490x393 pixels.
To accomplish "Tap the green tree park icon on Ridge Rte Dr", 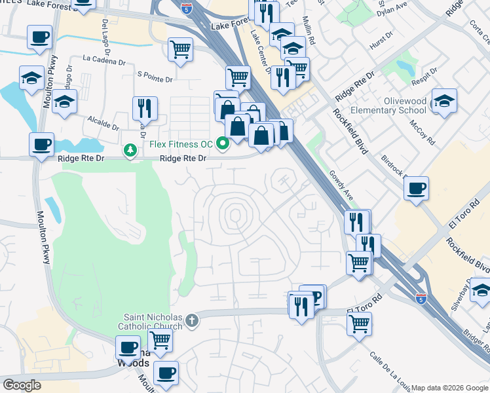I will tap(131, 151).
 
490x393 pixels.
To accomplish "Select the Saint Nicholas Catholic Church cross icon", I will tap(191, 320).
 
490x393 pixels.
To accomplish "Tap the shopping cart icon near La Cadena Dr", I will tap(180, 48).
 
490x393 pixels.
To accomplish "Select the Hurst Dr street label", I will tap(380, 40).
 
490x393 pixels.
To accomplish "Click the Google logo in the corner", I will tap(22, 384).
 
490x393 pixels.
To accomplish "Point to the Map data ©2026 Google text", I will tap(449, 388).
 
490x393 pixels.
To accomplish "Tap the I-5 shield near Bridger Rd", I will tap(420, 299).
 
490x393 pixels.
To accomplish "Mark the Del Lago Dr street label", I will tap(105, 30).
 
